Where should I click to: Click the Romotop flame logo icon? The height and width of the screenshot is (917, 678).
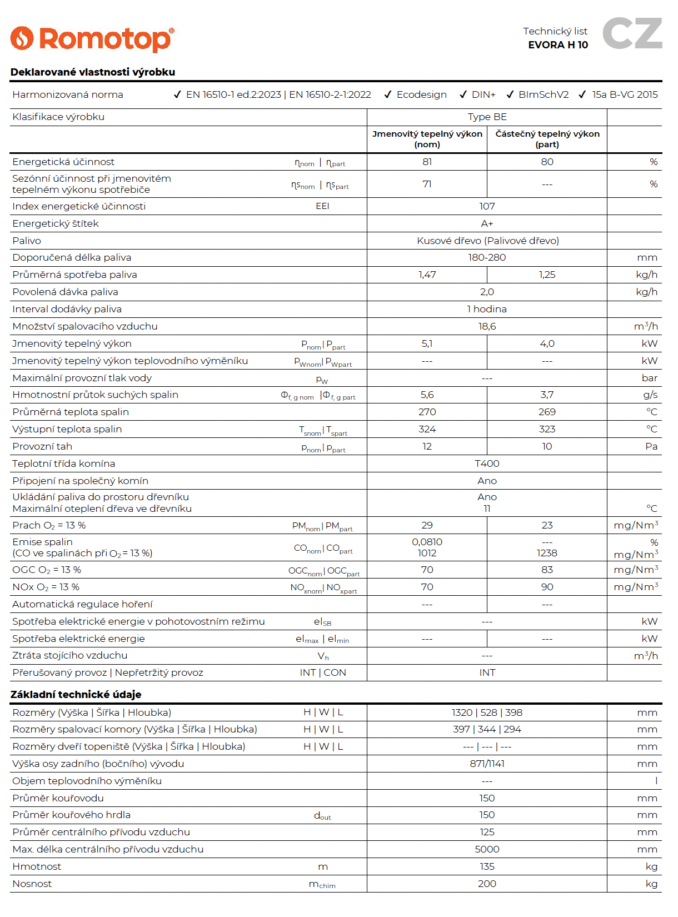[x=22, y=38]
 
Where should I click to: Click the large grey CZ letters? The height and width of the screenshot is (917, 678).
[x=632, y=33]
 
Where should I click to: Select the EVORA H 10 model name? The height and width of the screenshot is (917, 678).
[x=557, y=45]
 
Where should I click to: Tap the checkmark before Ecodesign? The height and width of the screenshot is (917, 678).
[x=388, y=94]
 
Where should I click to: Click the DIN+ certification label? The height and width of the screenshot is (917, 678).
[x=483, y=94]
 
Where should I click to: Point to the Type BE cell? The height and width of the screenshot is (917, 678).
[x=487, y=117]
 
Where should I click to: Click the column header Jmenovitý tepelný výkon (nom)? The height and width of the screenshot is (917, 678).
[x=427, y=139]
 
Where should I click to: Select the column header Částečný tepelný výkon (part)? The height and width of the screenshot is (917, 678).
[x=547, y=139]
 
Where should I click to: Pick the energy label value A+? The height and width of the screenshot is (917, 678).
[x=487, y=223]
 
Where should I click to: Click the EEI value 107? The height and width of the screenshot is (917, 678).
[x=487, y=206]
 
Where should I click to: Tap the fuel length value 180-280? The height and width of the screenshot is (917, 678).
[x=487, y=257]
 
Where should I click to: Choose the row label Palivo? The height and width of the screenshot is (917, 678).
[x=27, y=241]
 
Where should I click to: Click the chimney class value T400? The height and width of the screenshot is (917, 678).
[x=487, y=464]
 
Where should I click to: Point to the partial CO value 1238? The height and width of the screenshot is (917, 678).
[x=547, y=554]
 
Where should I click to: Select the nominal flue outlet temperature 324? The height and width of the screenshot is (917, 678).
[x=427, y=429]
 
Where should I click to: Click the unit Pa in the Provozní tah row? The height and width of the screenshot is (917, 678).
[x=651, y=446]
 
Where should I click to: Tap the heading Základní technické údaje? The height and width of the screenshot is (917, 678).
[x=76, y=694]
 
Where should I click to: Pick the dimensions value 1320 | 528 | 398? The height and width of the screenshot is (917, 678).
[x=487, y=712]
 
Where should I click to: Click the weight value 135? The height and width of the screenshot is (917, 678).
[x=487, y=866]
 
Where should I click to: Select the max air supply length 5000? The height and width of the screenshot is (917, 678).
[x=487, y=849]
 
